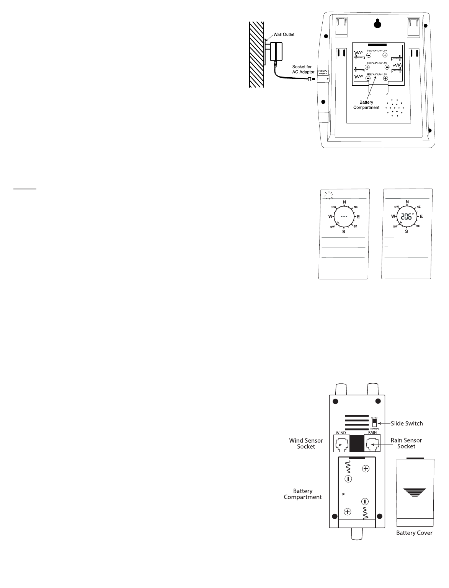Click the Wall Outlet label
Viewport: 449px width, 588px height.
click(284, 34)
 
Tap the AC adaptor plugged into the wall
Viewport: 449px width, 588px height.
click(275, 52)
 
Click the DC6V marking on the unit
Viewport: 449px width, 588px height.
click(323, 71)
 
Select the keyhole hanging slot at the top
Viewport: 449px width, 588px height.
click(377, 24)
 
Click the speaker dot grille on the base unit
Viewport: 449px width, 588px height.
click(395, 108)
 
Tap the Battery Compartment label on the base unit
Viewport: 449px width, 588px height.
click(366, 105)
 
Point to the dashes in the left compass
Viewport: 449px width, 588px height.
click(344, 217)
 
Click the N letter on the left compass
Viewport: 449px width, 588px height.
click(345, 202)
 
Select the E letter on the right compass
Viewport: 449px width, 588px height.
click(421, 217)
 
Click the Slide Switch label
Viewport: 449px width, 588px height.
click(407, 423)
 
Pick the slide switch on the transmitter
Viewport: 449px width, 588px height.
click(374, 423)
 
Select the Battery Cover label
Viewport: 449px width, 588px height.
click(414, 533)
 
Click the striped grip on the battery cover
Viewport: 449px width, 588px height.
click(415, 492)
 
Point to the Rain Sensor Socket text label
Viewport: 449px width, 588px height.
click(406, 443)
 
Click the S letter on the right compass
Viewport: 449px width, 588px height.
click(407, 231)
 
